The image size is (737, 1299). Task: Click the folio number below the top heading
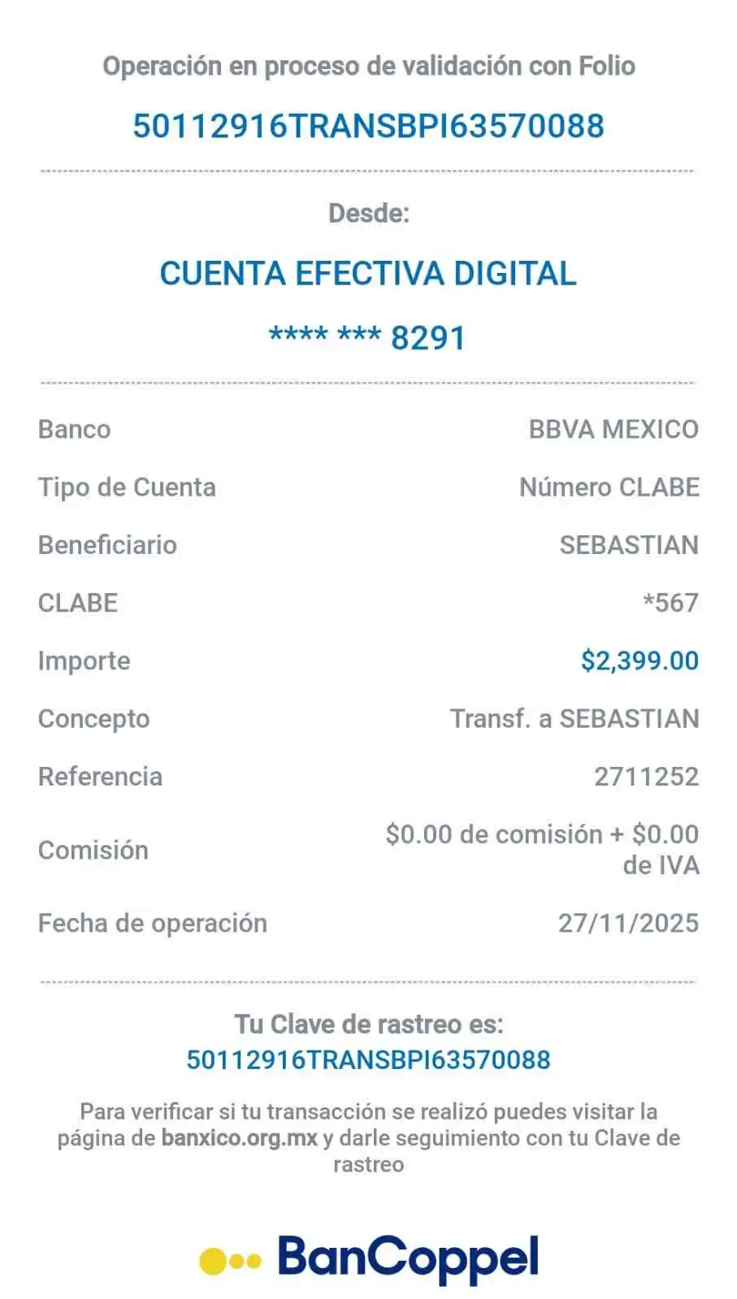point(368,126)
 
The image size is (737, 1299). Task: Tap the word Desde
point(368,214)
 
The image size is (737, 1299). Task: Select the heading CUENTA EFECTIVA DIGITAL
point(368,273)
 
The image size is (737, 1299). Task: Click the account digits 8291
point(428,337)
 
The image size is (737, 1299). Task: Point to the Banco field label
point(75,428)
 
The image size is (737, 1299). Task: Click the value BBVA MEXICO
point(613,428)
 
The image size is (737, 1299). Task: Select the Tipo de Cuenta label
point(128,487)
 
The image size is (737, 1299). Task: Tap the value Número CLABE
point(609,487)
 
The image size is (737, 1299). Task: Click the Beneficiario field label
point(107,544)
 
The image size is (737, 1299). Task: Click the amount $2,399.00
point(639,660)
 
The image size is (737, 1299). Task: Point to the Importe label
point(84,660)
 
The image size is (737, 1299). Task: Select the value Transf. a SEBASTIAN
point(574,718)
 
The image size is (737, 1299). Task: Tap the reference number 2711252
point(646,776)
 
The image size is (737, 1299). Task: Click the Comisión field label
point(93,850)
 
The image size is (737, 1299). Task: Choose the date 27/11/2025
point(628,923)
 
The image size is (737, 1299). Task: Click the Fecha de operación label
point(153,923)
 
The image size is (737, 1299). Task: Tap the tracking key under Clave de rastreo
point(368,1059)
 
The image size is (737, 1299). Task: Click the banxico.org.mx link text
point(239,1137)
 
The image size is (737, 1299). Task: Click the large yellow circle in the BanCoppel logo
point(215,1260)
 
